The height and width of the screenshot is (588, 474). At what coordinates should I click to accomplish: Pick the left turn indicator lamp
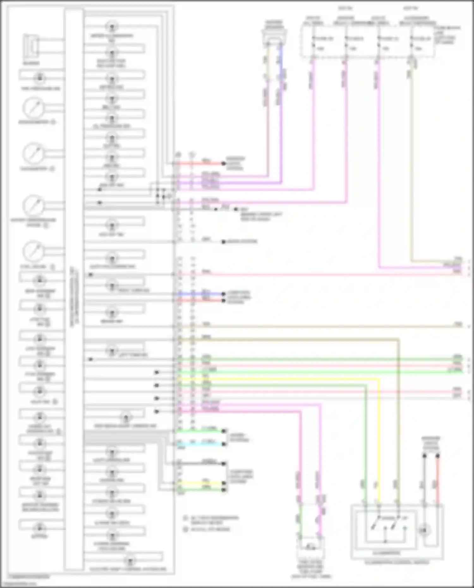coord(112,350)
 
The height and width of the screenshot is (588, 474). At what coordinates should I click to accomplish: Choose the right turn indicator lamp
coord(112,286)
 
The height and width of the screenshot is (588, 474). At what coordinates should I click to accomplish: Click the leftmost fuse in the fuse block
coord(313,43)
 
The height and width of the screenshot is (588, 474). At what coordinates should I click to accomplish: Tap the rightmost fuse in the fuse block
coord(411,43)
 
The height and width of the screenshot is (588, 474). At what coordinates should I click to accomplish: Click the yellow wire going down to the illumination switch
coord(379,442)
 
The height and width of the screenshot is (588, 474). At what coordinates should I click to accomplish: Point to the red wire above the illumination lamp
coord(438,480)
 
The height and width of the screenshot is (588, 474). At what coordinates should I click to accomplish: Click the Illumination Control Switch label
coord(397,562)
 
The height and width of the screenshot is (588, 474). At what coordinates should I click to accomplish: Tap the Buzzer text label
coord(31,63)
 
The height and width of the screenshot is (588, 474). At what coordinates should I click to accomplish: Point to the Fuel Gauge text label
coord(33,267)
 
